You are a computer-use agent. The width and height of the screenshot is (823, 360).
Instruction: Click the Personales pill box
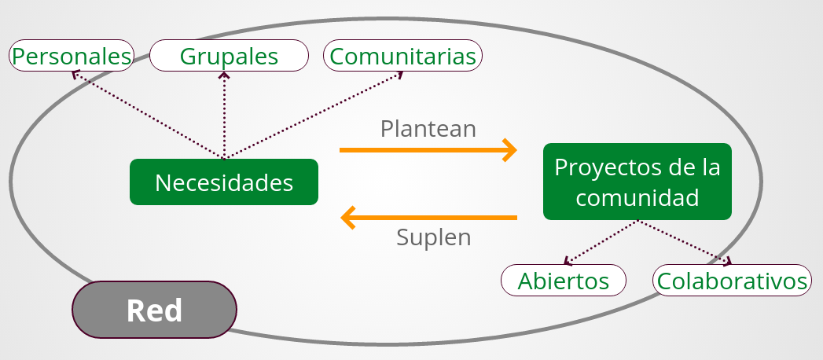71,56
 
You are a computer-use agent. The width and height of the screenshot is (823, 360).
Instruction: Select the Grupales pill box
229,56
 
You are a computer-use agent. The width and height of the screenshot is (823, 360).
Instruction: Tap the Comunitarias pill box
403,56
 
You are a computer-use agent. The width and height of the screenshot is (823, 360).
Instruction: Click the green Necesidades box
224,182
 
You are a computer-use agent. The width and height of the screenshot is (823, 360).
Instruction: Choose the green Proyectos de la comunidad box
637,182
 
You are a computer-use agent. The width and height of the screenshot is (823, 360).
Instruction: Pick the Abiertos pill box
564,281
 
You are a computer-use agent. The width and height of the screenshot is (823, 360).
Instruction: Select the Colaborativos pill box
732,281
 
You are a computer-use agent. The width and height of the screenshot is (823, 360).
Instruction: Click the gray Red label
154,310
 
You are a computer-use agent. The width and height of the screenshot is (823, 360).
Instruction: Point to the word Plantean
428,128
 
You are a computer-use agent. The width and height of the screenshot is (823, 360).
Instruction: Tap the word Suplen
433,237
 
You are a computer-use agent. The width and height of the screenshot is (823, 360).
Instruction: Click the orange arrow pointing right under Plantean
428,149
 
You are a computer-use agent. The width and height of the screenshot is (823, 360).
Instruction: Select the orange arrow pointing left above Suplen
428,216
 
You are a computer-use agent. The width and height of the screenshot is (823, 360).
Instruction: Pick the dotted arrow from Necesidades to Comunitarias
314,115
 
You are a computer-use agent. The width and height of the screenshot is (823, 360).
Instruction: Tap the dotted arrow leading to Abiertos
602,241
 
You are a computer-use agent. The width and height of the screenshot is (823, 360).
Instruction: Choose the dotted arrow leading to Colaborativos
684,241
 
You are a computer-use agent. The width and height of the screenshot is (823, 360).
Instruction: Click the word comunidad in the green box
637,197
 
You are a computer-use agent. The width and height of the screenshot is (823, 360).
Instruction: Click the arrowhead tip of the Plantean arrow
515,149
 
